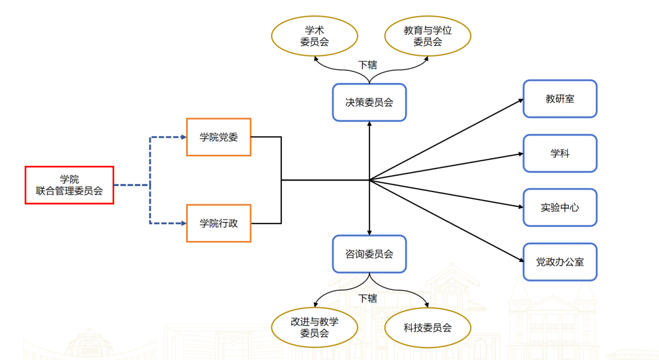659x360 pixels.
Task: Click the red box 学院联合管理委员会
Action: (x=69, y=185)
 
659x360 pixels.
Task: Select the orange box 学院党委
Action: (x=219, y=137)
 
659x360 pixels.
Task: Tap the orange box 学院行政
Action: (x=219, y=223)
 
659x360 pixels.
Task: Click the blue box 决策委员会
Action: (x=369, y=102)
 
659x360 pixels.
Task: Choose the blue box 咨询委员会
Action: (x=369, y=254)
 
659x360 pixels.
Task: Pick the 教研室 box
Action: (x=560, y=99)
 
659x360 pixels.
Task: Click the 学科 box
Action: (x=560, y=153)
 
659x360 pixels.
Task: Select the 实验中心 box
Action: (x=560, y=207)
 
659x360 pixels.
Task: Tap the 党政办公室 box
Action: (x=560, y=262)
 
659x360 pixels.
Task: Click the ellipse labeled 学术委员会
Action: (x=314, y=36)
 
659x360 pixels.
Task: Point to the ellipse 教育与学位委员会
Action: (x=427, y=36)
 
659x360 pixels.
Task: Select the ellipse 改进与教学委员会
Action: (x=314, y=327)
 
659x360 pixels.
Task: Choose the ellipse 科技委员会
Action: (x=427, y=328)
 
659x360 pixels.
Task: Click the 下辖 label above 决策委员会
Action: (x=368, y=65)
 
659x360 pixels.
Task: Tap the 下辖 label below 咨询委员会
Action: (x=368, y=298)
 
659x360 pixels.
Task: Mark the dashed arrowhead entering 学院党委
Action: (x=183, y=137)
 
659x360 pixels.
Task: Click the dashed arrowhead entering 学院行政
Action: (x=183, y=223)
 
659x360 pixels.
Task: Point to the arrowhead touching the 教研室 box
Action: (x=520, y=100)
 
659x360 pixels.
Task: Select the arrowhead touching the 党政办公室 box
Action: (x=520, y=261)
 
